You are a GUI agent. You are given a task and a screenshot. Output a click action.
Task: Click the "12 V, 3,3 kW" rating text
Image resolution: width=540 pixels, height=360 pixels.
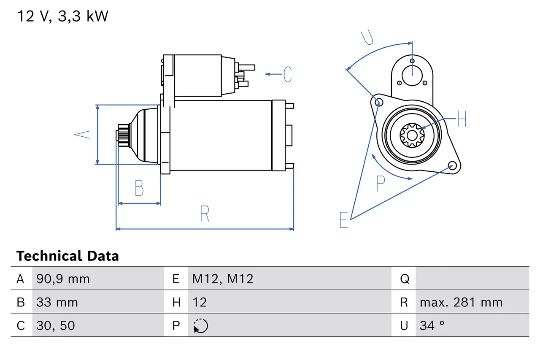tap(62, 16)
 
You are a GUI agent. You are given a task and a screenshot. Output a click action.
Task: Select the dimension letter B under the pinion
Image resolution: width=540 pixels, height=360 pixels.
tap(139, 188)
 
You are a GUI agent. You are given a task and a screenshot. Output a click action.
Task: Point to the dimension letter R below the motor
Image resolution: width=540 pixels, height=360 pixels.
tap(205, 214)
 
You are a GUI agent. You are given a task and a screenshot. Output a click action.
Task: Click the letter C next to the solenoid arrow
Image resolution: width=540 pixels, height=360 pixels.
tap(287, 74)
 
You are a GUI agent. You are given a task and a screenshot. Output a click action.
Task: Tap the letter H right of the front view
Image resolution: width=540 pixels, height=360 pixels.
tap(462, 119)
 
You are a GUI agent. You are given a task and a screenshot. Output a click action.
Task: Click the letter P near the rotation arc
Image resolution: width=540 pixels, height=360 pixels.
tap(381, 183)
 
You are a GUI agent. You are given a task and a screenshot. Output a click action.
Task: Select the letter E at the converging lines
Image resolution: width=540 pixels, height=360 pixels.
tap(344, 220)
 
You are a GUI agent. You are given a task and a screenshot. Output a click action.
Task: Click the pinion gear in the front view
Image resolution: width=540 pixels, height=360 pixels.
tap(412, 135)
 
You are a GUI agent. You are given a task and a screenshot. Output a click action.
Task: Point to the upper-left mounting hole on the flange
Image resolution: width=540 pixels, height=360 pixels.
tap(378, 102)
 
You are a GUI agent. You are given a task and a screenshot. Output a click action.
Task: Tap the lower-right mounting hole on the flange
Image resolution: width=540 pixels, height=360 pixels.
tap(452, 165)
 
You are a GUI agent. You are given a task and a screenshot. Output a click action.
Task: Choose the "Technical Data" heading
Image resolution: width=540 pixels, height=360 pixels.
tap(67, 256)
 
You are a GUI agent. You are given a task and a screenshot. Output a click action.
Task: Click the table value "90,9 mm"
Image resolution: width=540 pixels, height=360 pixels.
tap(63, 279)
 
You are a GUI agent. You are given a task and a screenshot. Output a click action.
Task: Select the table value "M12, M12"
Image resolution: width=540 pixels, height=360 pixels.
tap(223, 279)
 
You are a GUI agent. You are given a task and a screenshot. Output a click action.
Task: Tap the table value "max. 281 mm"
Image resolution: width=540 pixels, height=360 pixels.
tap(461, 302)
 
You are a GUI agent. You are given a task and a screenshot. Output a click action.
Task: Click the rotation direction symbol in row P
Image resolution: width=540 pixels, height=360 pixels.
tap(201, 326)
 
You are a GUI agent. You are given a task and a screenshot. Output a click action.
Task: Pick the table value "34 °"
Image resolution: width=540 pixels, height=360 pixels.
tap(432, 325)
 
